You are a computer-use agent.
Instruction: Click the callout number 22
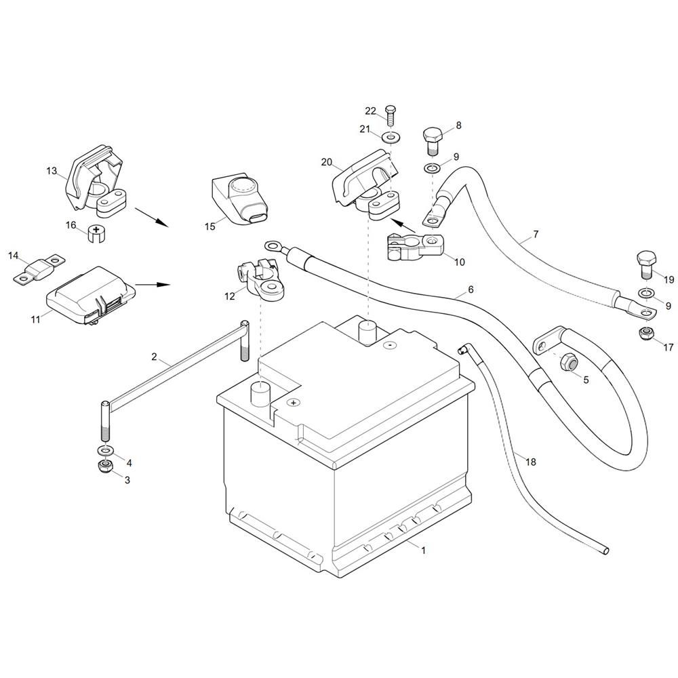pos(370,111)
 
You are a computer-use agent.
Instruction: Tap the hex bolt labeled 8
pos(433,139)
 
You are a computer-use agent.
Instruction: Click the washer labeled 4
pos(105,452)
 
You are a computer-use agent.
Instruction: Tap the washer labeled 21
pos(391,138)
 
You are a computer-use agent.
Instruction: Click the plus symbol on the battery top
pos(293,403)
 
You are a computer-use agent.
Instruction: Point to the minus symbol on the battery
pos(389,346)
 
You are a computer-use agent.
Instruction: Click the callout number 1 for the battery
pos(423,551)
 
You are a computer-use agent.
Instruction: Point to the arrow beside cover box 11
pos(153,285)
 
